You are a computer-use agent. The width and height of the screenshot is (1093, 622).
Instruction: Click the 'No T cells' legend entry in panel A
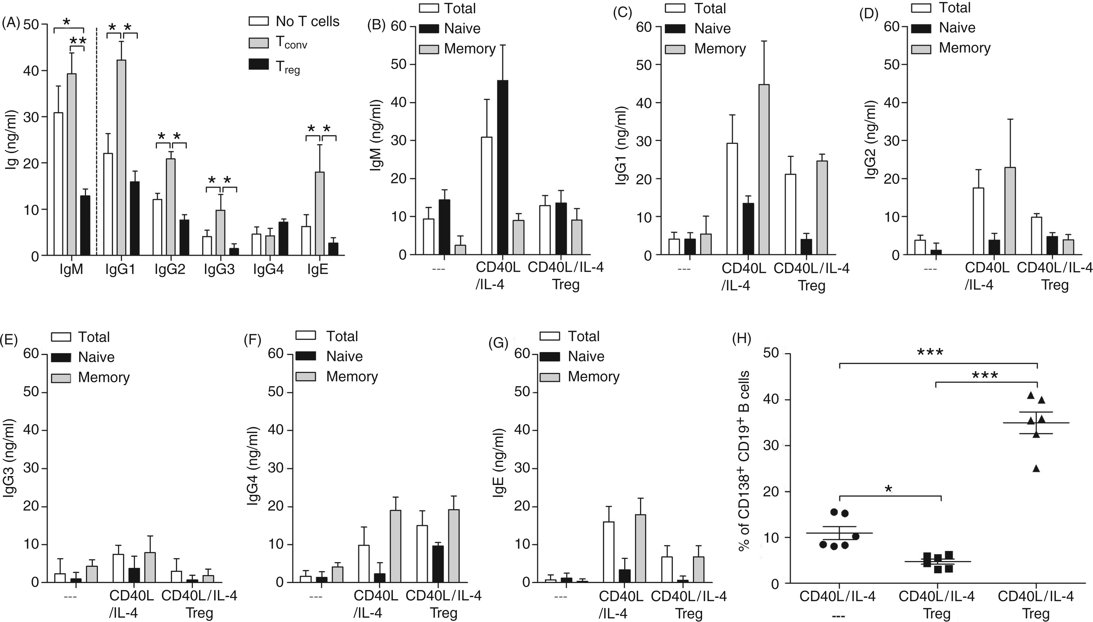tap(294, 21)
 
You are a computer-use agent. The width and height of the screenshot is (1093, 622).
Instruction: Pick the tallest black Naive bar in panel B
tap(503, 168)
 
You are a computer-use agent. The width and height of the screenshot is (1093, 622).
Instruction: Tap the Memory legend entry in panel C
tap(706, 49)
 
